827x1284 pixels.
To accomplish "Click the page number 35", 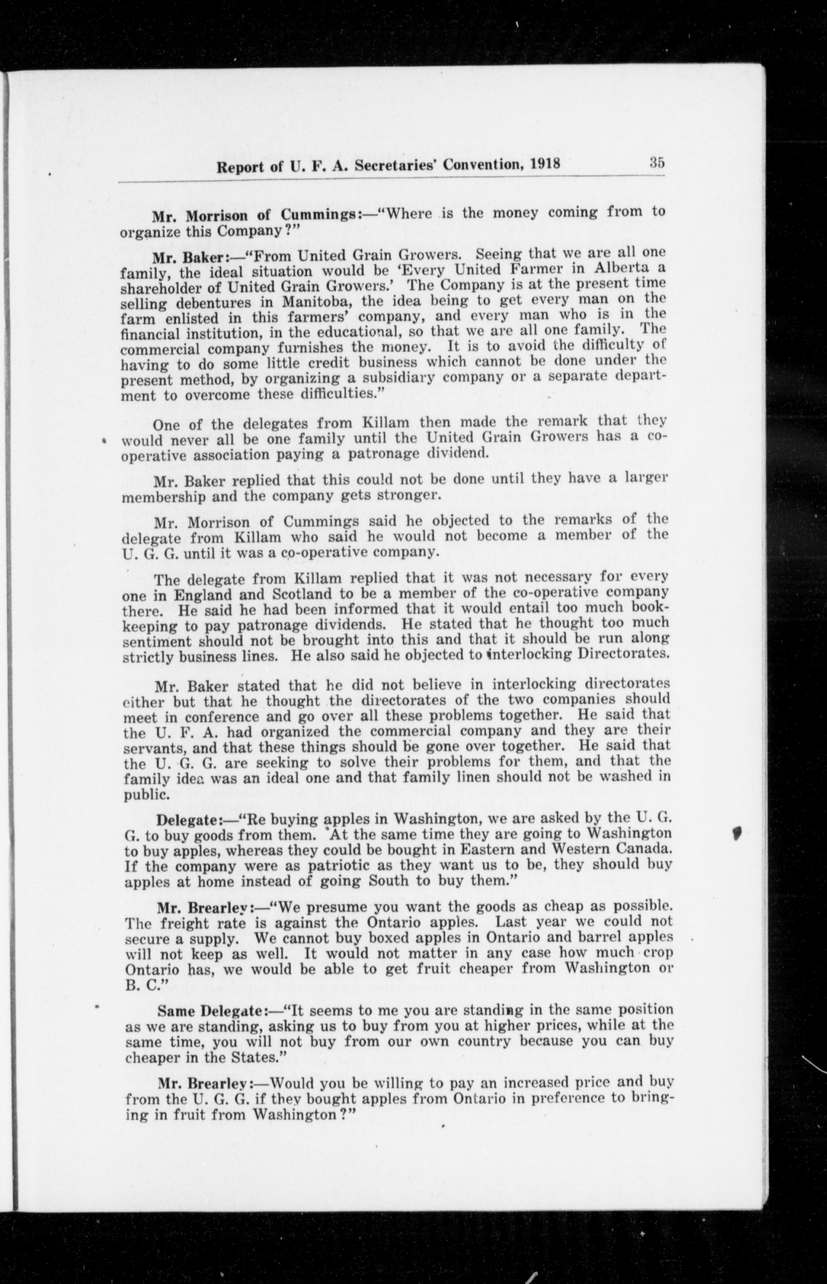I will coord(657,162).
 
